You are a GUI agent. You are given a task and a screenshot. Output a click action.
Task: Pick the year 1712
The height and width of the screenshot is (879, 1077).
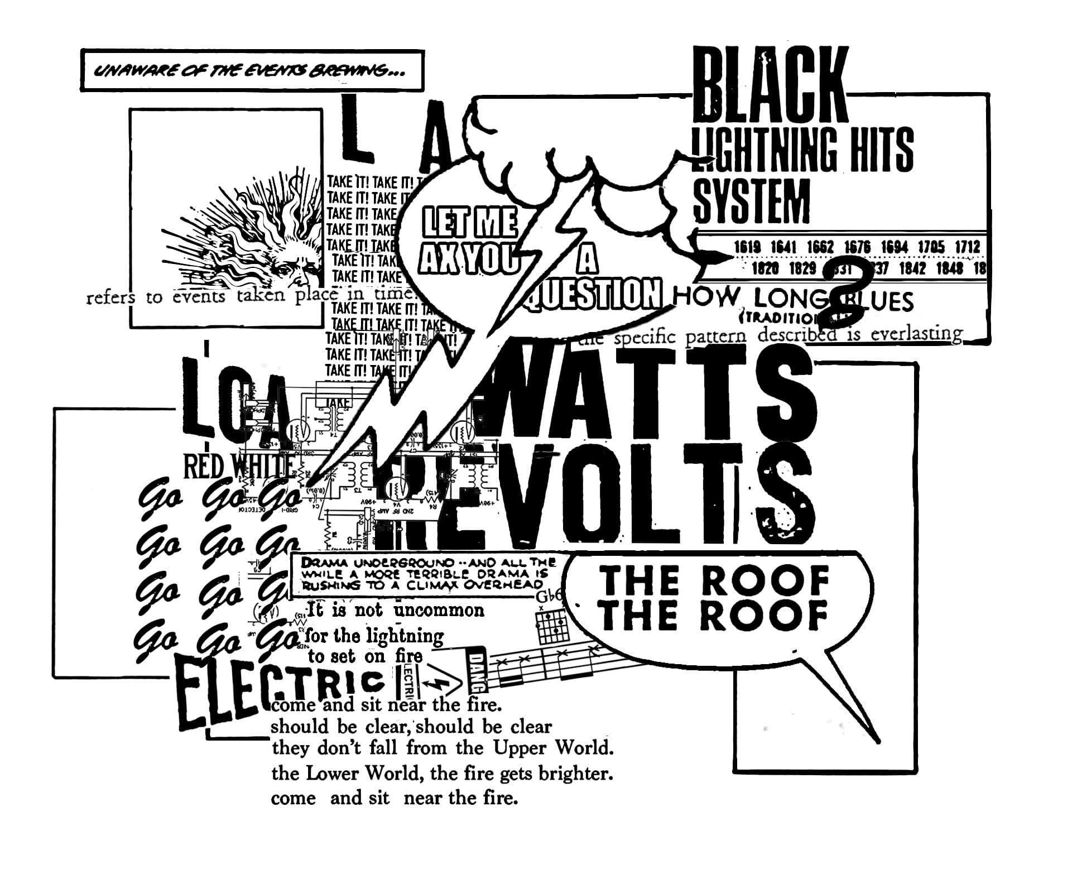point(967,247)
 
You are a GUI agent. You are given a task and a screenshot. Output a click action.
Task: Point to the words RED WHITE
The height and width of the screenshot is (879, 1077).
point(239,468)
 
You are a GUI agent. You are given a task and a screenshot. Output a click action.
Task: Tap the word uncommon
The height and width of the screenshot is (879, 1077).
point(439,610)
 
